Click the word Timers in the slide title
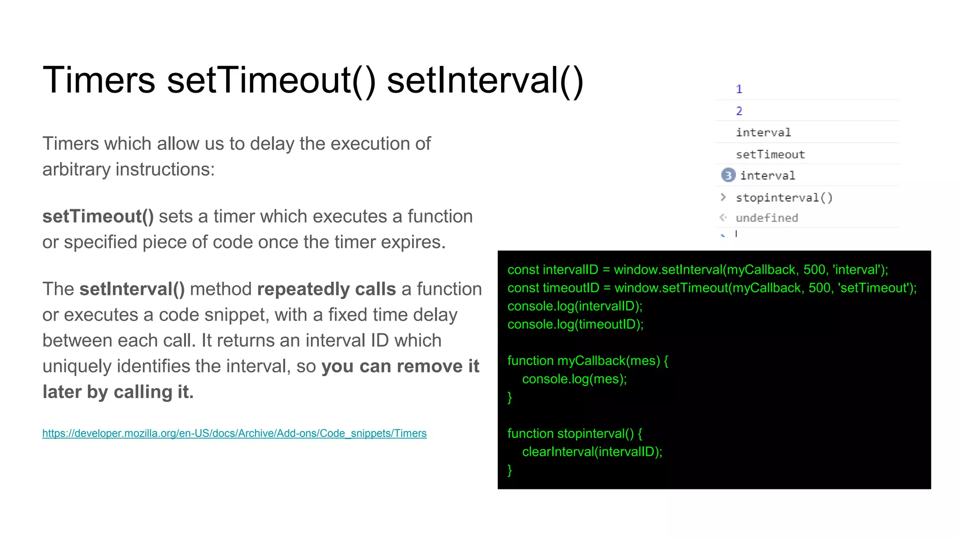[x=99, y=80]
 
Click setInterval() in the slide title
[x=485, y=80]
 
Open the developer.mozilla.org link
[x=234, y=433]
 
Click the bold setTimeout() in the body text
[x=98, y=217]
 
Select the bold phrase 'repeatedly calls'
[x=326, y=289]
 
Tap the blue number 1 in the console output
[x=739, y=89]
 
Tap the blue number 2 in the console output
[x=739, y=111]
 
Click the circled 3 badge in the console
[x=728, y=175]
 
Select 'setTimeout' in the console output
[x=770, y=154]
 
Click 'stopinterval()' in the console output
[x=784, y=197]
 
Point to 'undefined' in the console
[x=767, y=218]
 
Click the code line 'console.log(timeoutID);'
[x=575, y=324]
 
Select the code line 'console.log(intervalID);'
[x=575, y=306]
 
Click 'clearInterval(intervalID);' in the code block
[x=592, y=452]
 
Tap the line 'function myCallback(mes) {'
[x=588, y=361]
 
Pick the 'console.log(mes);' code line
[x=575, y=379]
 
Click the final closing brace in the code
[x=510, y=470]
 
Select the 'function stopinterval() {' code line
[x=575, y=433]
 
